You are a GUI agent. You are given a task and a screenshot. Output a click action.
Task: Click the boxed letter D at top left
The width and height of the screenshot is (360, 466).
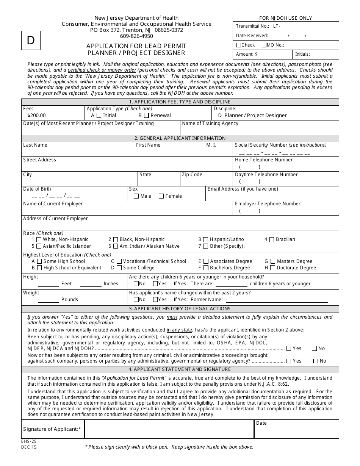(x=31, y=41)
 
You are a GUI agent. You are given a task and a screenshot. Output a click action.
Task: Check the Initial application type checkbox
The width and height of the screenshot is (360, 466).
(x=99, y=115)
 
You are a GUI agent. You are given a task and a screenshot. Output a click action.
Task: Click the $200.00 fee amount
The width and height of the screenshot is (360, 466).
(x=36, y=115)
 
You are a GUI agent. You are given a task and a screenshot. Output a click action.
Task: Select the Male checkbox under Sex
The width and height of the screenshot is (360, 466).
(x=136, y=196)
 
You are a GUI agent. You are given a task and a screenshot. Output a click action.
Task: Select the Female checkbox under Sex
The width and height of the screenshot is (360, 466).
(x=161, y=196)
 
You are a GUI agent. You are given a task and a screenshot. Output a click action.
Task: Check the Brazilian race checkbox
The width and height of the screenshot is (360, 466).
(x=272, y=239)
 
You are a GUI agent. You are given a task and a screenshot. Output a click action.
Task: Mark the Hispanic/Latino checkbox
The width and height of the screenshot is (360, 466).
(x=205, y=239)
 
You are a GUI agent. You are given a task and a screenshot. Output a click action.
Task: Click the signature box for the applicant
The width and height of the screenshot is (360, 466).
(x=169, y=429)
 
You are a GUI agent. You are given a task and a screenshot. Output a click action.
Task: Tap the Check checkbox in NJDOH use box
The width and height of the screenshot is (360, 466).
(x=238, y=45)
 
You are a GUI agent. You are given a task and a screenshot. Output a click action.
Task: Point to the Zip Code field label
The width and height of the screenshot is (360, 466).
(x=192, y=175)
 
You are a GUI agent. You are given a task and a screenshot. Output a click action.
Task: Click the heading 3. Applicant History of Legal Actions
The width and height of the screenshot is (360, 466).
(x=180, y=309)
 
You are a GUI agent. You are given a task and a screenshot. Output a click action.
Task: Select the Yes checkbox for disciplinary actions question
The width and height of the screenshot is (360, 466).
(x=289, y=349)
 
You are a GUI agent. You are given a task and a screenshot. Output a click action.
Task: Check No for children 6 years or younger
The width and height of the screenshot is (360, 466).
(x=136, y=284)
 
